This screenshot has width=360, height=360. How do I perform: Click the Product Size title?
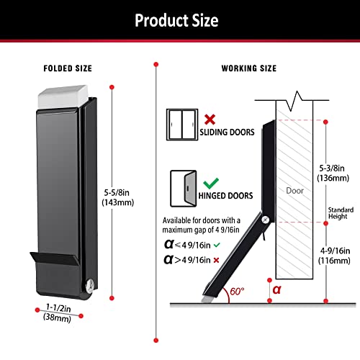(x=176, y=21)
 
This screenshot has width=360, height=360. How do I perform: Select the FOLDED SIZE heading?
(x=68, y=68)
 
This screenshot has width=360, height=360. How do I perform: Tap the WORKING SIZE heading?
(x=248, y=68)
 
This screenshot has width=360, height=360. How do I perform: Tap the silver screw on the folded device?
(x=89, y=286)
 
